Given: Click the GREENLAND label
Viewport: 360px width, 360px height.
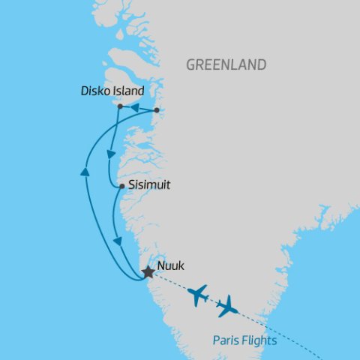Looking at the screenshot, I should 226,65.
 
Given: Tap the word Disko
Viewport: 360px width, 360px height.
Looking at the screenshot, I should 94,91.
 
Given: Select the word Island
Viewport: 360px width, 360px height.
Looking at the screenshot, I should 127,91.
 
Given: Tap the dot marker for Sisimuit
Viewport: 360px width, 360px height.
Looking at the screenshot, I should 121,185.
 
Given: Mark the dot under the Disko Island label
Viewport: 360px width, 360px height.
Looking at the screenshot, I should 120,107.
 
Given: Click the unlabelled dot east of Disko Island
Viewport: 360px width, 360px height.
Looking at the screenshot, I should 156,111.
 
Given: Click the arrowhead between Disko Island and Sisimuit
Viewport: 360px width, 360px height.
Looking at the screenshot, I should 110,154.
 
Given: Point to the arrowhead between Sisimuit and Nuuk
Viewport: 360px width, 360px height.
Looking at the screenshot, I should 118,241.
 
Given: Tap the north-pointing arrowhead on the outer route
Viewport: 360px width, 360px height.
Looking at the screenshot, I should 84,173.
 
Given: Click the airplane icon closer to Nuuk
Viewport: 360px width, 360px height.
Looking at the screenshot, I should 199,295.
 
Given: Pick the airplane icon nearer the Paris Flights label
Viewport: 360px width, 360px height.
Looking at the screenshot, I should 226,306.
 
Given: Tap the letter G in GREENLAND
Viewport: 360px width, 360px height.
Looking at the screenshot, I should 191,65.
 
